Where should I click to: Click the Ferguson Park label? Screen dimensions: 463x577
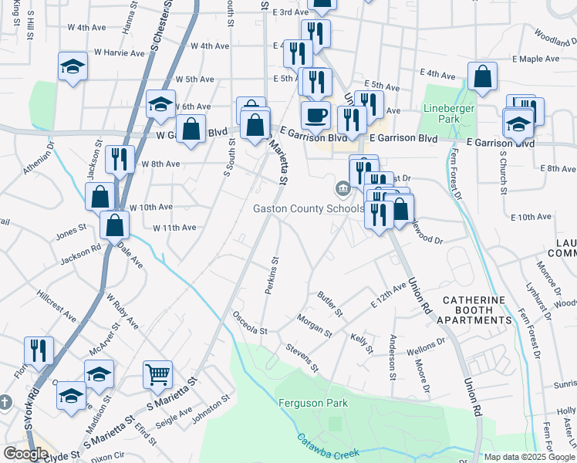click(313, 403)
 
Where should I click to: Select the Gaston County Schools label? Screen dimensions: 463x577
click(309, 209)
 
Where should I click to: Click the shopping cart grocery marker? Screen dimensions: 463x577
click(157, 374)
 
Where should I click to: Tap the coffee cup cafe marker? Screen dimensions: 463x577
click(315, 116)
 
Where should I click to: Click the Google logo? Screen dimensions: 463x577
click(25, 454)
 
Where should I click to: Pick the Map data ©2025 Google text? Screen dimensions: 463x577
click(529, 457)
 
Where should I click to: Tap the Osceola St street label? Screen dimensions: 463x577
click(251, 324)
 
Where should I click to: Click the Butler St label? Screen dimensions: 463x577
click(330, 303)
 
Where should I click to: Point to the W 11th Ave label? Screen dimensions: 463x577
click(174, 228)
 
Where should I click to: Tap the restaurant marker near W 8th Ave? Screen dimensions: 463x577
click(119, 159)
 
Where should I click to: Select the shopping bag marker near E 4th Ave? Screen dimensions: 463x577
click(482, 76)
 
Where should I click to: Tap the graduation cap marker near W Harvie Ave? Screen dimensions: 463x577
click(73, 66)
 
